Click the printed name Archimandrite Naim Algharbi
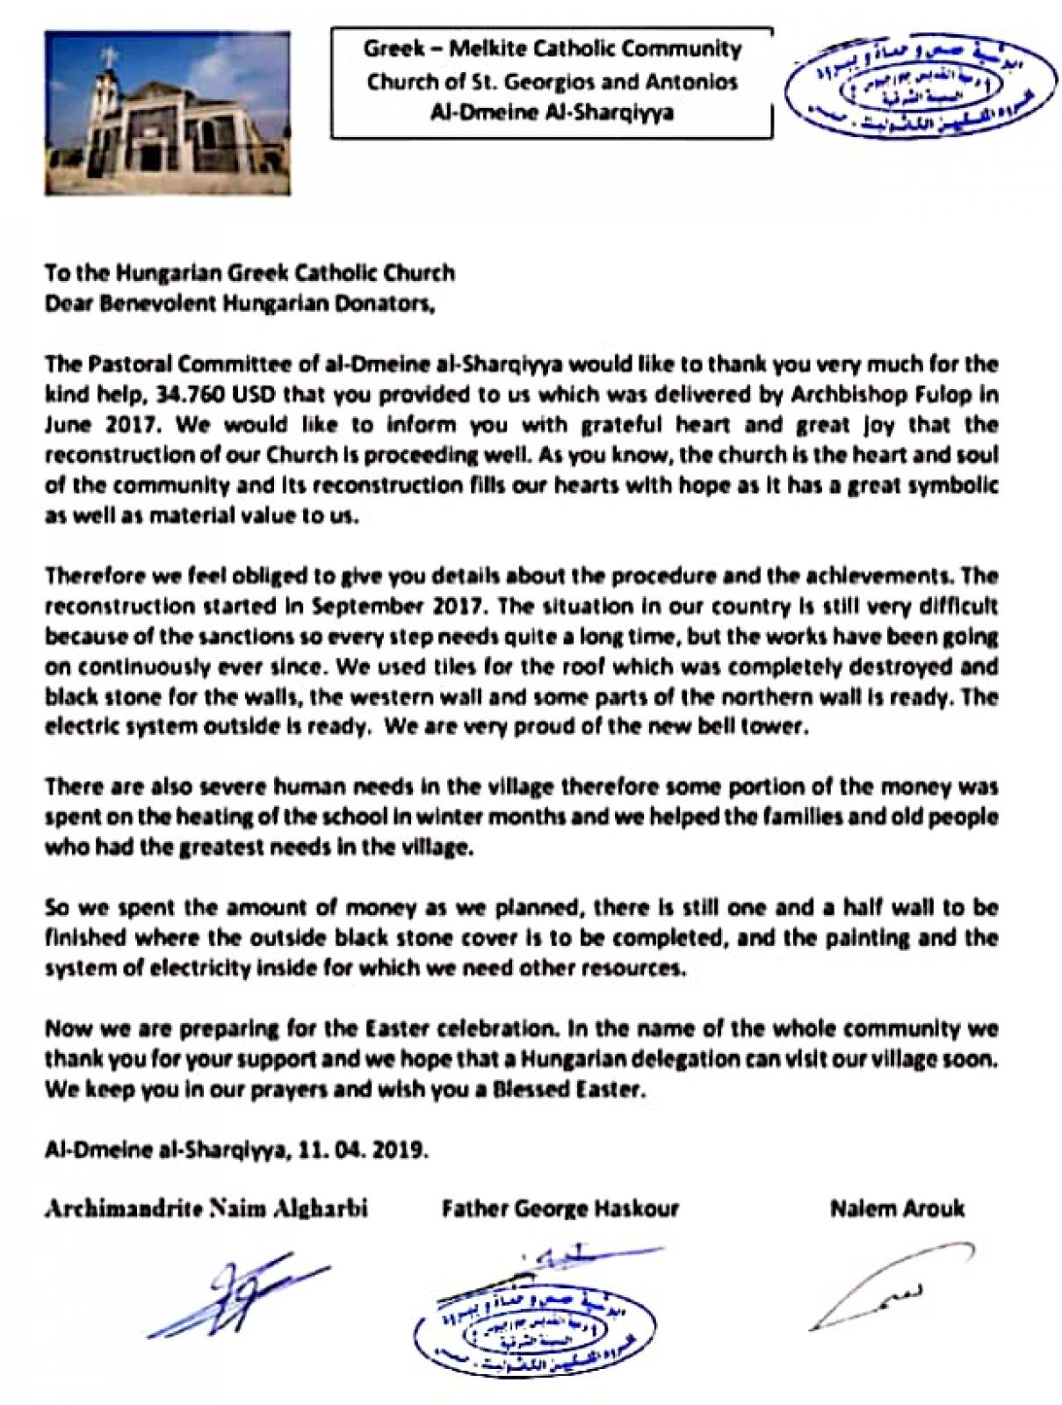[x=206, y=1209]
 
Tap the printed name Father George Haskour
[x=560, y=1209]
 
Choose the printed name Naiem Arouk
[x=896, y=1209]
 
